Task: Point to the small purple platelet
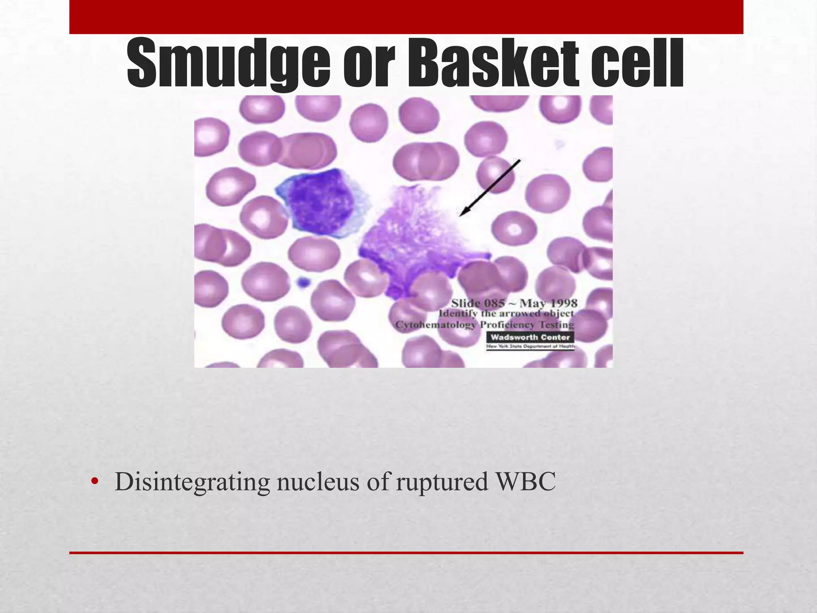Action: click(x=304, y=282)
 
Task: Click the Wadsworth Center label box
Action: click(x=530, y=337)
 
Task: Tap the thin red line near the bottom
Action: click(x=406, y=553)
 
